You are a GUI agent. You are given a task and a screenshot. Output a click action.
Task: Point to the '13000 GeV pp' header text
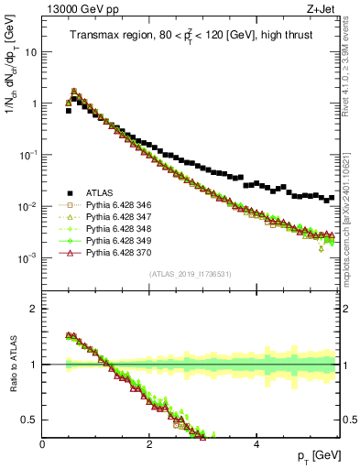pos(76,9)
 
